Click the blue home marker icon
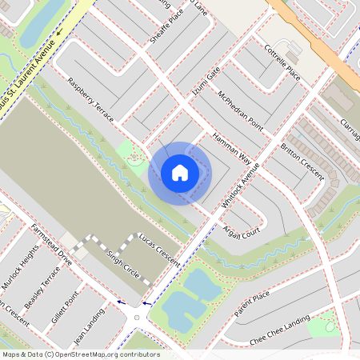click(x=180, y=173)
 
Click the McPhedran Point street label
click(x=241, y=110)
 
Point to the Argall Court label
click(x=241, y=230)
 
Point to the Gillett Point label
click(x=66, y=308)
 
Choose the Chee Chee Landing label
click(x=280, y=330)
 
